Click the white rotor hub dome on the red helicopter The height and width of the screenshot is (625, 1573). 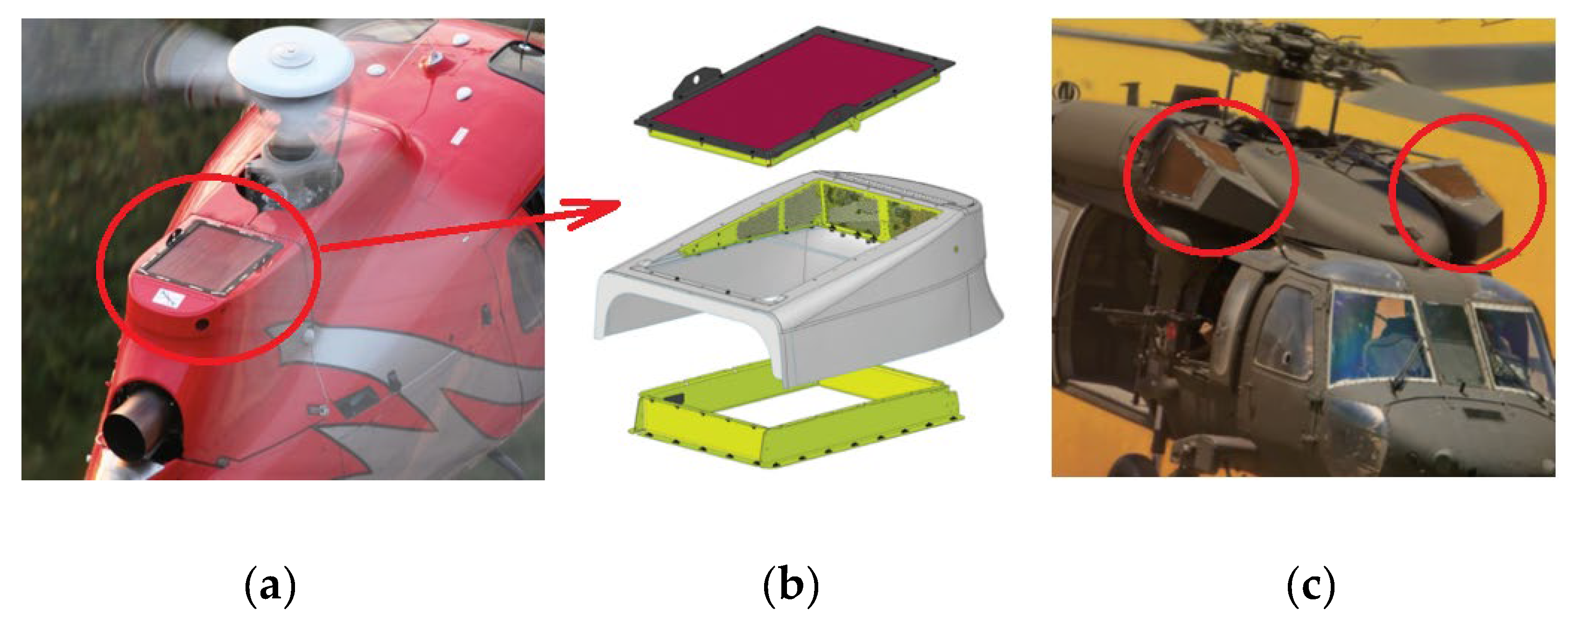[x=291, y=67]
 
